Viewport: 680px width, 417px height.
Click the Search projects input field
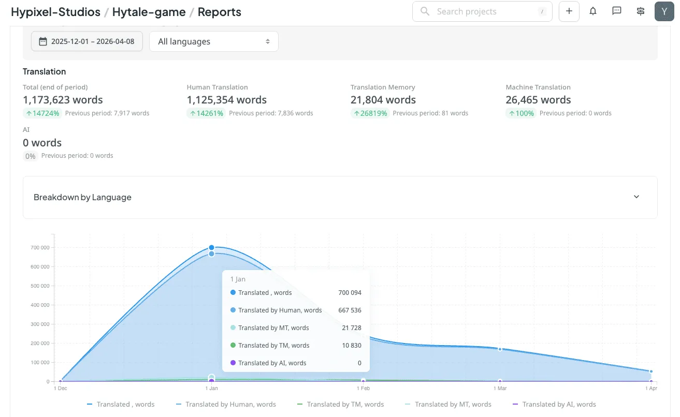[x=482, y=11]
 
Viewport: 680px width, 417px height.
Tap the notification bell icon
[x=593, y=11]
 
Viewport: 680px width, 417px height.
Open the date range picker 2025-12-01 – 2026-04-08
[x=86, y=41]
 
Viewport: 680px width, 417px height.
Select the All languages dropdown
[x=213, y=41]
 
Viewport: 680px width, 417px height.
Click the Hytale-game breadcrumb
[x=149, y=12]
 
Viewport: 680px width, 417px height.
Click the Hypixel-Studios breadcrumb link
[x=55, y=12]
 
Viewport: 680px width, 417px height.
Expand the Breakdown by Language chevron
[x=636, y=197]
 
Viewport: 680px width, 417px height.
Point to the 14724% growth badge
[x=42, y=113]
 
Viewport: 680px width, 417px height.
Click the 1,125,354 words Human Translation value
[x=226, y=100]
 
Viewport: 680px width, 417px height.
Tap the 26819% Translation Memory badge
[x=369, y=113]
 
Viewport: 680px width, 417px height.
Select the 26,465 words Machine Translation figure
[x=538, y=100]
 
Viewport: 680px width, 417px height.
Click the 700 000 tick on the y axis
[x=40, y=248]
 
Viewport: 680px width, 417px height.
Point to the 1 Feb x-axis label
[x=363, y=388]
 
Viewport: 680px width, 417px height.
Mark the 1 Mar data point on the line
[x=500, y=349]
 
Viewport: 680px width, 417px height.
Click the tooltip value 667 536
[x=350, y=310]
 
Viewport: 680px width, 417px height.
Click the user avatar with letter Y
[x=664, y=11]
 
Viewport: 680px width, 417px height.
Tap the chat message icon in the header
[x=617, y=11]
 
